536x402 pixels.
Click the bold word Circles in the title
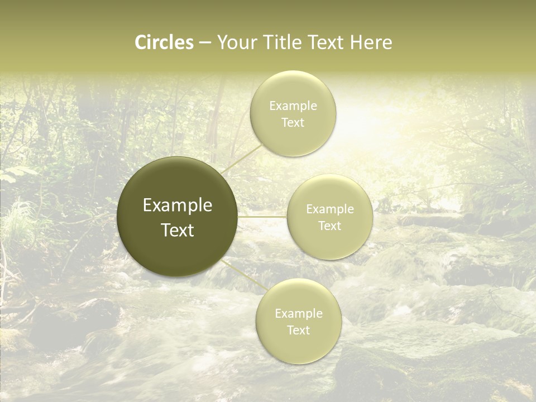(x=164, y=42)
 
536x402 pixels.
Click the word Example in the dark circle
(x=178, y=205)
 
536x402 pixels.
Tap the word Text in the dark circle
(x=178, y=230)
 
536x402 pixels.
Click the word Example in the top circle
(x=293, y=106)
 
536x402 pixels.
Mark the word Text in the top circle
(x=293, y=123)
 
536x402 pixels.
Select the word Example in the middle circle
(x=330, y=209)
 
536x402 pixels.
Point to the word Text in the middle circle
(x=330, y=226)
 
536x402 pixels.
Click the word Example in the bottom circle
(x=299, y=314)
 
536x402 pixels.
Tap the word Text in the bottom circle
(x=299, y=331)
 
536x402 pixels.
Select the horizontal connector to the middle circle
(x=262, y=217)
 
